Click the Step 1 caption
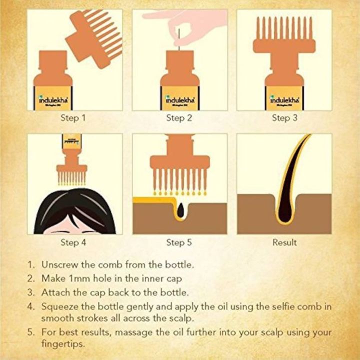tap(73, 118)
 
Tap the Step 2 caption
tap(179, 118)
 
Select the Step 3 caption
tap(284, 118)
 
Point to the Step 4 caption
tap(73, 242)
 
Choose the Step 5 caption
tap(179, 242)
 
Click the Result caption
tap(284, 242)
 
